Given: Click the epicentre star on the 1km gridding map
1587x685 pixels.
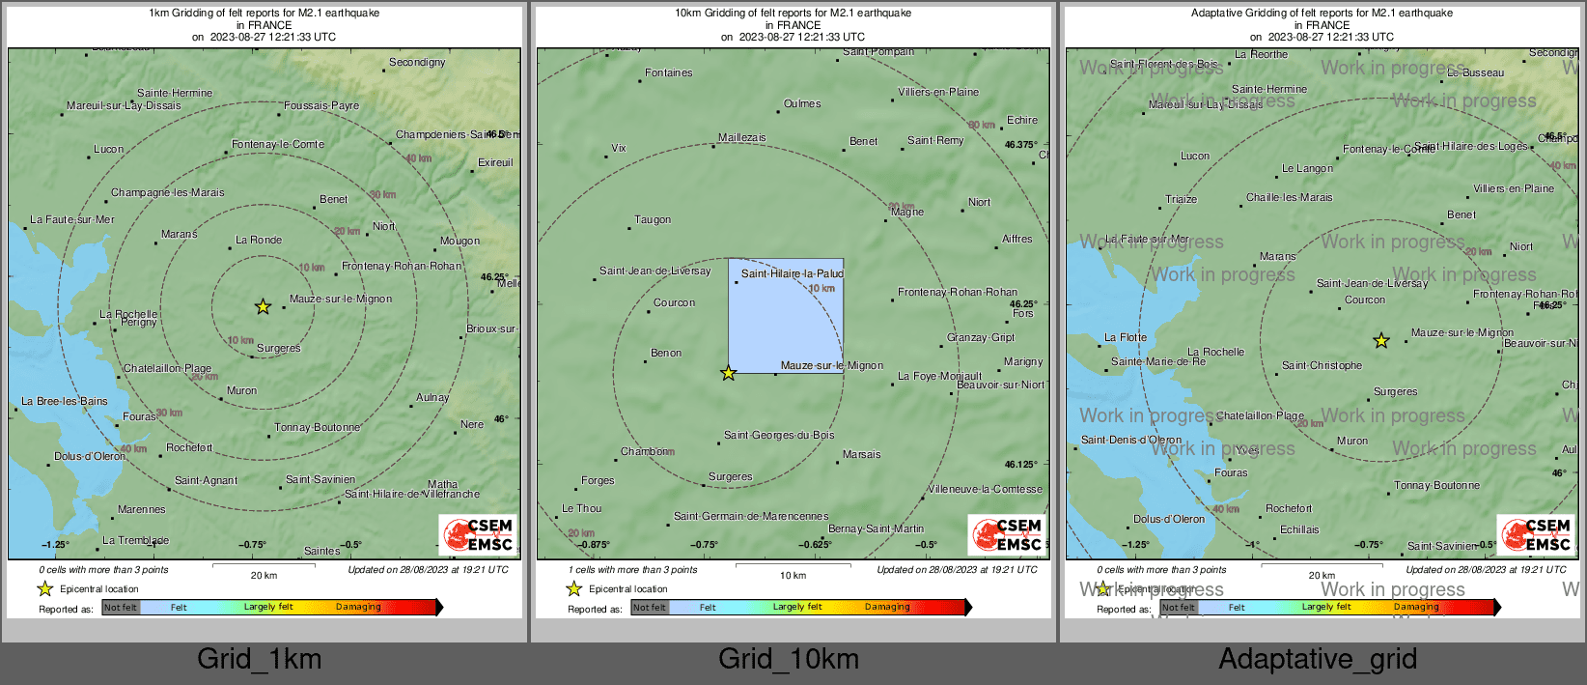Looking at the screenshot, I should [x=263, y=307].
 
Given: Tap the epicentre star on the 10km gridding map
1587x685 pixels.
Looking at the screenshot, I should [x=729, y=373].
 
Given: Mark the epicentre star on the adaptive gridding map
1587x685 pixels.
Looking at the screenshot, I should [x=1381, y=341].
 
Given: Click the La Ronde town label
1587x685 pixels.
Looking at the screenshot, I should [x=259, y=240].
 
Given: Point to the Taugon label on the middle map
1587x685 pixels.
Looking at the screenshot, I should [x=653, y=220].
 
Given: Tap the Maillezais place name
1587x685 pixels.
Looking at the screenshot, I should [x=741, y=138].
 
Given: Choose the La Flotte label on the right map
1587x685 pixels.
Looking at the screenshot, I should [x=1126, y=338].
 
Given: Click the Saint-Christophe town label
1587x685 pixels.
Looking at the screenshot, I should [x=1322, y=366].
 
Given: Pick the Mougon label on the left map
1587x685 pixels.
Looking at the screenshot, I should [x=459, y=241].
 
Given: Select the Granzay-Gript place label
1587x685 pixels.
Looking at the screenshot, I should [x=981, y=338].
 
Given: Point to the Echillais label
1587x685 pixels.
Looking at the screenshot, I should [x=1299, y=529].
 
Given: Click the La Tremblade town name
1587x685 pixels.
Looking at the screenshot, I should [x=135, y=540].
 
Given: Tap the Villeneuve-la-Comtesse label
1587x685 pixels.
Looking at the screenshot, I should [x=985, y=490].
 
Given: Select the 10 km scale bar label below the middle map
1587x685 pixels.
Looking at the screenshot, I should [x=793, y=576].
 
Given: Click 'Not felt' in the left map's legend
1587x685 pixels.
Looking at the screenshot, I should [x=121, y=608].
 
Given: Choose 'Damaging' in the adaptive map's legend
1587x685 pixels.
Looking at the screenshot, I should [x=1416, y=607].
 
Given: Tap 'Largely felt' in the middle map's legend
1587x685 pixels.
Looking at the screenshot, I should [x=797, y=607].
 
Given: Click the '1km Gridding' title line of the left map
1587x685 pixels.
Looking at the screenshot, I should [x=264, y=14].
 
